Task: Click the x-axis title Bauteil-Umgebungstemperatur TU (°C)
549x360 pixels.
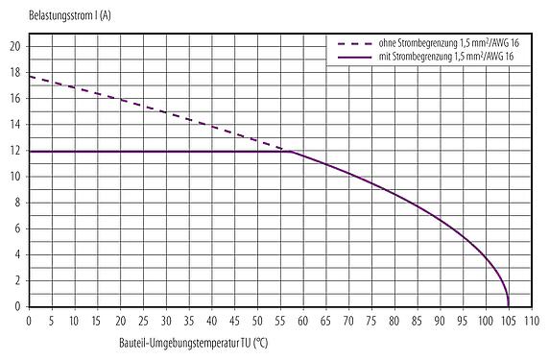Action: pyautogui.click(x=192, y=344)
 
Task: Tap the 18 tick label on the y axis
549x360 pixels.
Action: pyautogui.click(x=14, y=72)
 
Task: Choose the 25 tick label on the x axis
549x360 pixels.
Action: pyautogui.click(x=143, y=320)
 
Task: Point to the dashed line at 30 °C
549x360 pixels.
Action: pyautogui.click(x=166, y=111)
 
